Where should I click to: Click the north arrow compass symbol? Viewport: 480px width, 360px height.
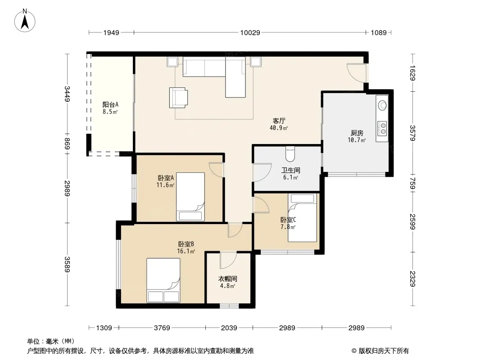[25, 21]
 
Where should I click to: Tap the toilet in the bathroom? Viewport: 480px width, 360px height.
[290, 154]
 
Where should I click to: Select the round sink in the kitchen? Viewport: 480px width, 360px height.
[382, 105]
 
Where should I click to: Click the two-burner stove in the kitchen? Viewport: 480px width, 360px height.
[382, 128]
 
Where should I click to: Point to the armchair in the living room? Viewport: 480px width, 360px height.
[178, 98]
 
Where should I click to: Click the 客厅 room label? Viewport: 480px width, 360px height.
[279, 121]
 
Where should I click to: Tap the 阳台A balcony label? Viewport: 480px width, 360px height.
[110, 104]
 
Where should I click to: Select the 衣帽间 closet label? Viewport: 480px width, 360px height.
[227, 279]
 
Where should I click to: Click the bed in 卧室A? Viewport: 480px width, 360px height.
[190, 197]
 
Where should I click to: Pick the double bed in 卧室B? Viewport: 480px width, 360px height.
[163, 280]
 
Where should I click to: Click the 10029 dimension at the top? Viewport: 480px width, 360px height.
[250, 32]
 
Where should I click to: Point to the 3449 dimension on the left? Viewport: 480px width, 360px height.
[67, 94]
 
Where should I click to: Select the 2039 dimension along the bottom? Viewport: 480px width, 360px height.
[229, 328]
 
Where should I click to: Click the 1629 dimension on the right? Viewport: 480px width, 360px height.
[412, 73]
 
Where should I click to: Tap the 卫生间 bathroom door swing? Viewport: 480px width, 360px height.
[262, 172]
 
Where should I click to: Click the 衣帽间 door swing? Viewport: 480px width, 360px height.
[228, 260]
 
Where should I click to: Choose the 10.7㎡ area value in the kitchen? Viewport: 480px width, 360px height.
[357, 140]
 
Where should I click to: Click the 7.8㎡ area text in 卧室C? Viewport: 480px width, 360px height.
[288, 227]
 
